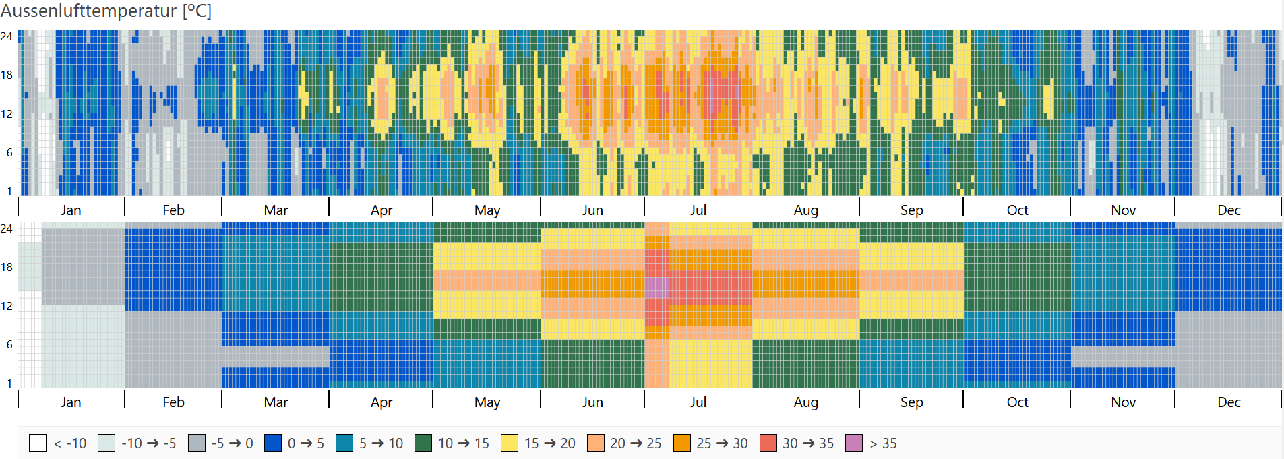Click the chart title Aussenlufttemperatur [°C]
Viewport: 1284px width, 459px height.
point(106,11)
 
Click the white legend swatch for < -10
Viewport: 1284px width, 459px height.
point(38,443)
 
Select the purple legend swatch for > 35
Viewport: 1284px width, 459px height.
point(854,443)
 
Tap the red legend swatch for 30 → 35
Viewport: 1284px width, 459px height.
point(768,443)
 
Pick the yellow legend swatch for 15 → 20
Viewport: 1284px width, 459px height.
point(510,443)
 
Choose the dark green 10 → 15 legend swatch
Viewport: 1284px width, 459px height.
point(423,443)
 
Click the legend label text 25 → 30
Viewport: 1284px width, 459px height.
point(722,443)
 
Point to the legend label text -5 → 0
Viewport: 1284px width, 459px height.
point(232,443)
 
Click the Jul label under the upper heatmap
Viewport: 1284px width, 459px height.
point(698,210)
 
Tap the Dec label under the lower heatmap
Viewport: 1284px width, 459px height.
point(1229,402)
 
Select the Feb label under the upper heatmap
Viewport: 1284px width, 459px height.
point(173,210)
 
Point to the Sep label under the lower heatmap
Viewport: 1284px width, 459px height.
point(911,402)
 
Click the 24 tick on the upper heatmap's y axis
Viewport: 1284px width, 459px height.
point(7,36)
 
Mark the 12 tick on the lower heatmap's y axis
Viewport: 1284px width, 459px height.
point(7,306)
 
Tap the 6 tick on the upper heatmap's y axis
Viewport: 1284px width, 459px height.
point(9,152)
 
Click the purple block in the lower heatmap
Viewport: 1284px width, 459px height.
point(657,288)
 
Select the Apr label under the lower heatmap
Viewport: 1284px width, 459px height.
point(381,402)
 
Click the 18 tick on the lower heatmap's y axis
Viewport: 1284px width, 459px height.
point(7,267)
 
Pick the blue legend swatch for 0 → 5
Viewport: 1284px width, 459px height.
point(273,443)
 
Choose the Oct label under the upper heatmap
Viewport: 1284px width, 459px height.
point(1017,210)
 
